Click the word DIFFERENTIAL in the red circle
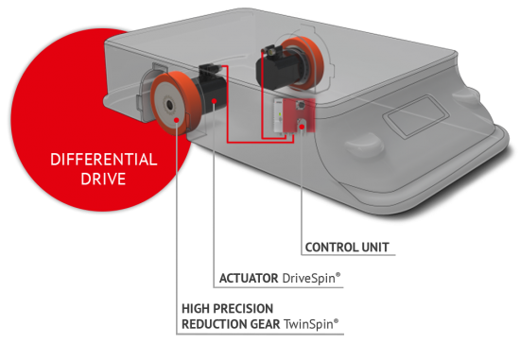click(104, 160)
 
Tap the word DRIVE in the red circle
click(103, 179)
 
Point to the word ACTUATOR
click(249, 278)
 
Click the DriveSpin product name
click(311, 278)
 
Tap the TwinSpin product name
click(311, 324)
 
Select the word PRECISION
click(243, 309)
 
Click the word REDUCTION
click(215, 324)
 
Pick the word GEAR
click(266, 324)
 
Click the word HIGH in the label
click(196, 309)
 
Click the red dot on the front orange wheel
click(177, 120)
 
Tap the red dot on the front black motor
click(215, 101)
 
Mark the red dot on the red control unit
click(302, 127)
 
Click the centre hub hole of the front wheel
click(169, 105)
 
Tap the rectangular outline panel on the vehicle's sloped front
click(416, 115)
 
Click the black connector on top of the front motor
click(207, 69)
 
